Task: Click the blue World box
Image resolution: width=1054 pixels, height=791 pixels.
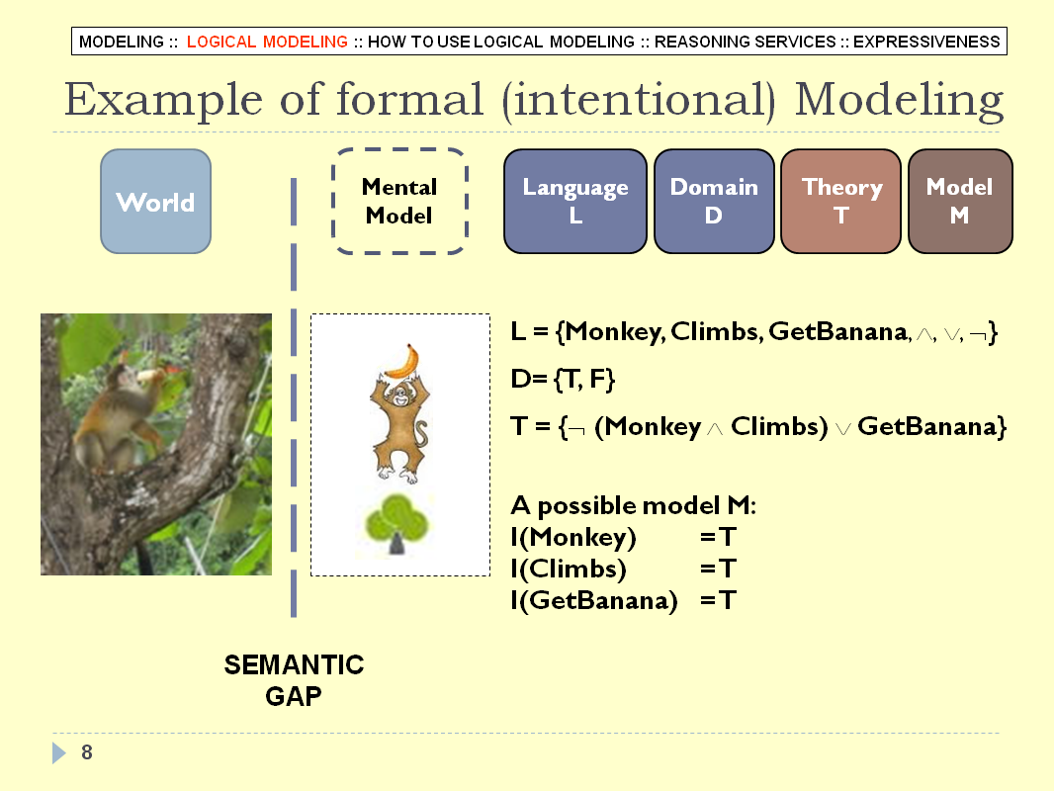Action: tap(155, 201)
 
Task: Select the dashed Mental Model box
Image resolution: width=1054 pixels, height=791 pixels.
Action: tap(399, 201)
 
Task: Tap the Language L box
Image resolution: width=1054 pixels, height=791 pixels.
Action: tap(575, 201)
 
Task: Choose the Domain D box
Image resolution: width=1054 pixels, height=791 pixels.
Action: tap(714, 201)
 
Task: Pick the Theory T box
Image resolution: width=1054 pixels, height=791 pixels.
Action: tap(840, 201)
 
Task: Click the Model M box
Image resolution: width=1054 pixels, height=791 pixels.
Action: tap(960, 201)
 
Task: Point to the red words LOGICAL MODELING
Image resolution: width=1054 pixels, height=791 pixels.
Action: tap(267, 42)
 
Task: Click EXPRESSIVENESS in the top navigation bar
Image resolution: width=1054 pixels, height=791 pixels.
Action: tap(926, 42)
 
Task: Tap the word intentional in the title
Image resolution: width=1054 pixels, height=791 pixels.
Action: tap(639, 100)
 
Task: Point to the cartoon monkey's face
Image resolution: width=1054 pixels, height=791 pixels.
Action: tap(400, 396)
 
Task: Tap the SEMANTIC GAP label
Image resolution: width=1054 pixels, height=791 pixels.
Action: tap(294, 680)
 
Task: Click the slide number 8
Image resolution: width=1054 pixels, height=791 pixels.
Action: tap(87, 752)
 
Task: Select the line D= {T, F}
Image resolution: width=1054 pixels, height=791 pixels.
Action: tap(563, 379)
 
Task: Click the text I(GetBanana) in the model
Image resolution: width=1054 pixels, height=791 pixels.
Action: tap(593, 600)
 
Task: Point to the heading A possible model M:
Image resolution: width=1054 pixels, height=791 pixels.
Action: tap(633, 505)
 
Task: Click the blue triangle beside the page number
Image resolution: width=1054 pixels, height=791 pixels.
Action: tap(59, 752)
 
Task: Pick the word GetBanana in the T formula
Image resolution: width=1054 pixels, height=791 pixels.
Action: tap(926, 427)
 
